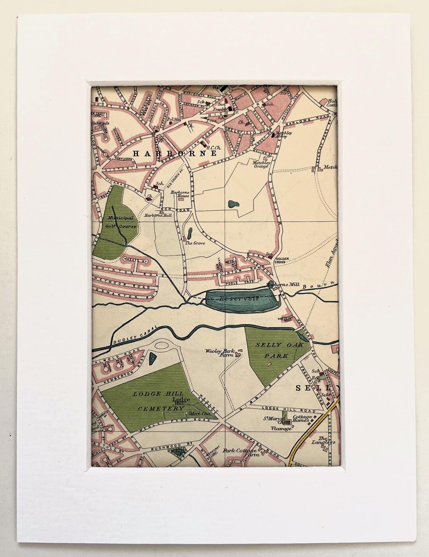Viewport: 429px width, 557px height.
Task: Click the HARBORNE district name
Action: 175,153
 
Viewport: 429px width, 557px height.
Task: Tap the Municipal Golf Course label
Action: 121,222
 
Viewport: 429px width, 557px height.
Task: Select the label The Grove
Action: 194,243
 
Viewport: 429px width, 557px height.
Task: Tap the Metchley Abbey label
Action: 284,135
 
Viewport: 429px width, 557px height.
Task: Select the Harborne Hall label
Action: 158,215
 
